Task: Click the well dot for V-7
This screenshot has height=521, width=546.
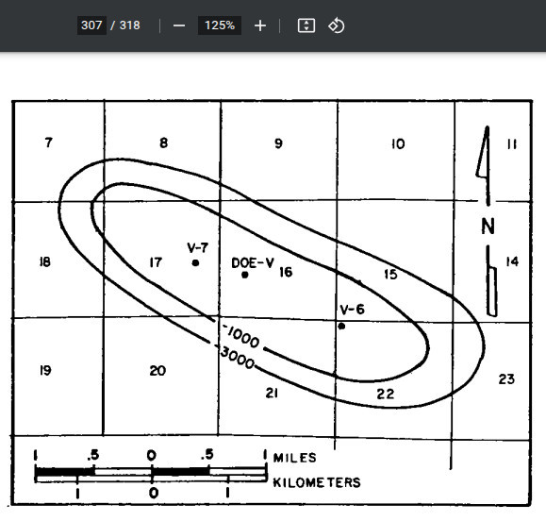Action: [x=196, y=262]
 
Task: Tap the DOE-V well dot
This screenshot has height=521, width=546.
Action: [x=245, y=275]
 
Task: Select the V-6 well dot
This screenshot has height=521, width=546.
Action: [x=341, y=327]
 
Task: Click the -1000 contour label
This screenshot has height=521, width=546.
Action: [x=241, y=336]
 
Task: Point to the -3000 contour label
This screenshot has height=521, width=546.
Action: [x=236, y=357]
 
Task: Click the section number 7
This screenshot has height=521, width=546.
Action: [x=48, y=143]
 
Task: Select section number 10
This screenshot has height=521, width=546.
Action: [x=398, y=143]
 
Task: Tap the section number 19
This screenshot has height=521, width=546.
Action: [x=45, y=370]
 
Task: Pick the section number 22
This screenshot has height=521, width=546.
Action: [x=386, y=395]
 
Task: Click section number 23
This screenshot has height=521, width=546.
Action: [x=506, y=379]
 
